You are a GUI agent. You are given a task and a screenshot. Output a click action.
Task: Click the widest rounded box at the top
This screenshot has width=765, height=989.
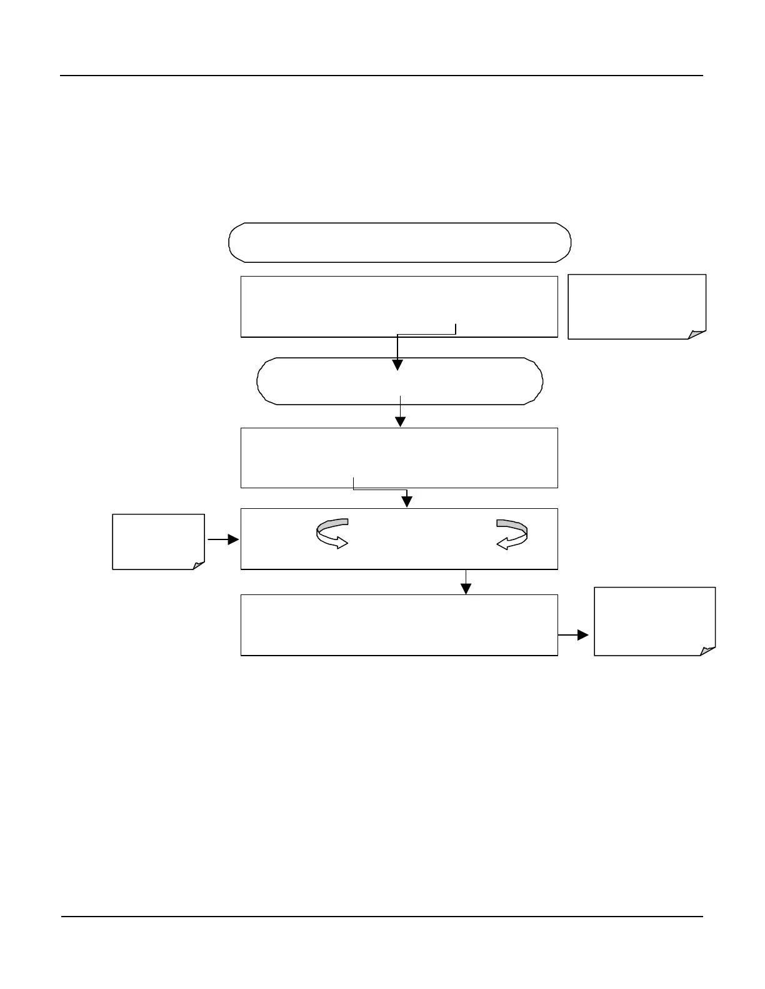400,242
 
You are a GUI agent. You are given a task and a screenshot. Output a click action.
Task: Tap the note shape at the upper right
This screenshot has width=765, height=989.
636,306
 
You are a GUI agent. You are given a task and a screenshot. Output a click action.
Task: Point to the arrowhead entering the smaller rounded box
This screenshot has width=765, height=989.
397,365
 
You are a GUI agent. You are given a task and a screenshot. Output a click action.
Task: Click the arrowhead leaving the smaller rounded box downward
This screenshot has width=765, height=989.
400,421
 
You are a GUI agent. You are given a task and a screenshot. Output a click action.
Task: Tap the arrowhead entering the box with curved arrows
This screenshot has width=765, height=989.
407,501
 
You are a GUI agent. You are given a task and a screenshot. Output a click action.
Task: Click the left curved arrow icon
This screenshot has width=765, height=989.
332,533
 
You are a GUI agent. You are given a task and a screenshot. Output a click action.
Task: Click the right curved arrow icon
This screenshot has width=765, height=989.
512,534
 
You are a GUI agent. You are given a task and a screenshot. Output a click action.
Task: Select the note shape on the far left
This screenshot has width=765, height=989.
158,541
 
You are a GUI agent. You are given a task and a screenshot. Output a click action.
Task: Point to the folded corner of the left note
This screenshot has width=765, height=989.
198,565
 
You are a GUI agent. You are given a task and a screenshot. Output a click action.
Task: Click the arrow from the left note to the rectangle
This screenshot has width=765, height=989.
224,539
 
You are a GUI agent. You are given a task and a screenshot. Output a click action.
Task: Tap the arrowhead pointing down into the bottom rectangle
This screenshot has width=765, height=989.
466,588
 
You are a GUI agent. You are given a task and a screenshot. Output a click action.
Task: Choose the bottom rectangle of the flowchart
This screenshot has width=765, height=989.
399,624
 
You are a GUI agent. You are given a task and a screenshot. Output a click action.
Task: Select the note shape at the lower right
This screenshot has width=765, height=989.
654,621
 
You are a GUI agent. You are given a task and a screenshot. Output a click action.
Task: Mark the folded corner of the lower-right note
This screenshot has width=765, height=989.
707,651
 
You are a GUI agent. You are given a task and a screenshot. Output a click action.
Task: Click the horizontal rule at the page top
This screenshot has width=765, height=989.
381,76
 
